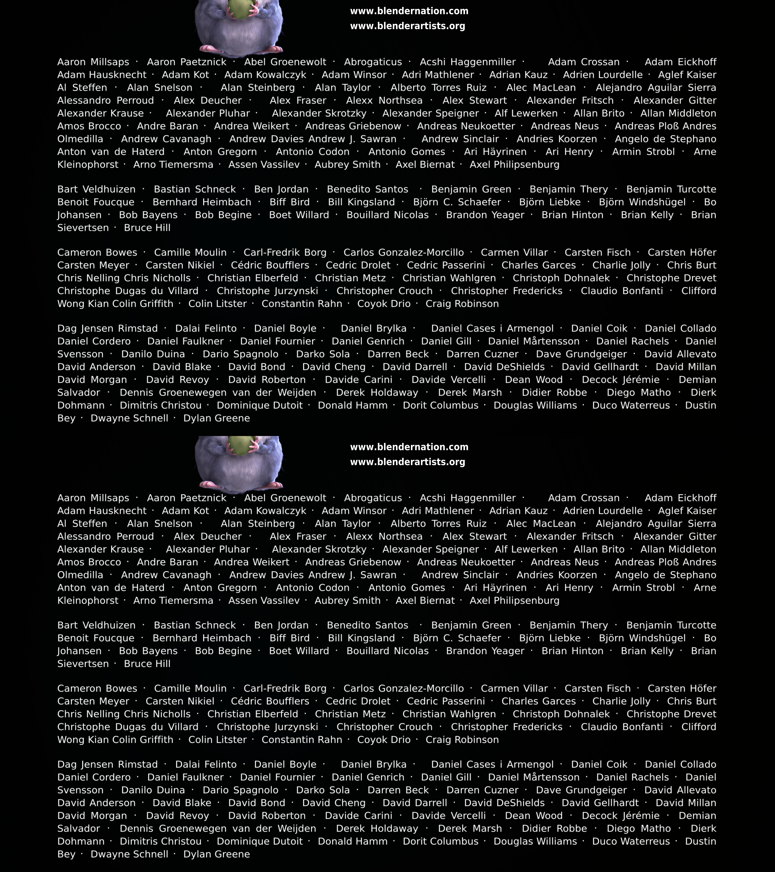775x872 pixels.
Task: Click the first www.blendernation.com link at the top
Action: (x=409, y=11)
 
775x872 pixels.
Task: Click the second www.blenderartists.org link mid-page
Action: (x=407, y=462)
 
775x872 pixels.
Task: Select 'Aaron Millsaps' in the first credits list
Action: (x=93, y=62)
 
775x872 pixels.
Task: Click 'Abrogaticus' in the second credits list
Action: (x=373, y=498)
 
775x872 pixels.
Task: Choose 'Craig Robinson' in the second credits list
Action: (x=462, y=739)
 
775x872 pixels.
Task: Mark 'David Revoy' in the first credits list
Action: (x=177, y=379)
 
